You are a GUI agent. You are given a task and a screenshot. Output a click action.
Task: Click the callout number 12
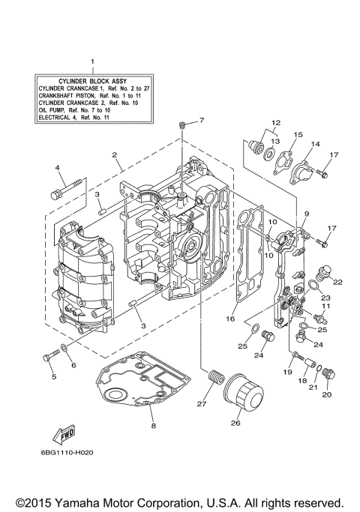(x=275, y=121)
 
